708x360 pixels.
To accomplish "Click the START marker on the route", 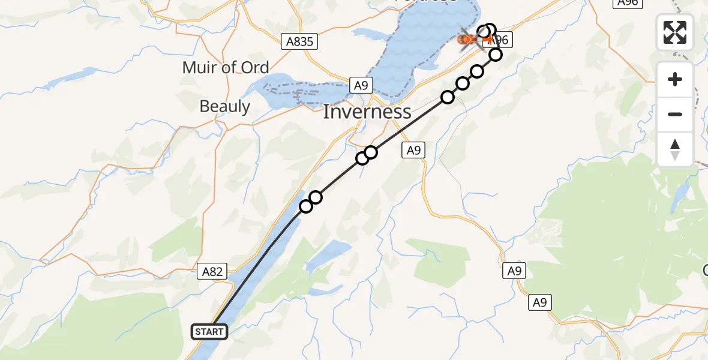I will pos(209,331).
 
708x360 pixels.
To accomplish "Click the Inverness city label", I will pos(367,112).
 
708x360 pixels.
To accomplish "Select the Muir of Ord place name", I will pos(226,67).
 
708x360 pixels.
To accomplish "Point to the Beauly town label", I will pos(224,106).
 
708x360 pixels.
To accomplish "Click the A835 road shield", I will pos(299,41).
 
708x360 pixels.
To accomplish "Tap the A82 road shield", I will pos(212,272).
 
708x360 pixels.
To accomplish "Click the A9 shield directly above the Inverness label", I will pos(360,86).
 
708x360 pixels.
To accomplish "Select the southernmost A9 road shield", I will pos(539,303).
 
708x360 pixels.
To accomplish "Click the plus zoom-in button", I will pos(675,80).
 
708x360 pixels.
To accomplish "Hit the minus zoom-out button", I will pos(675,114).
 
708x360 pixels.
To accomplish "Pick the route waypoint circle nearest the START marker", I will pos(306,206).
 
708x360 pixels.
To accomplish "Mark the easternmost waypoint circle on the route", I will pos(496,55).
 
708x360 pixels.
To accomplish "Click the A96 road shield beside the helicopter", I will pos(500,40).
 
